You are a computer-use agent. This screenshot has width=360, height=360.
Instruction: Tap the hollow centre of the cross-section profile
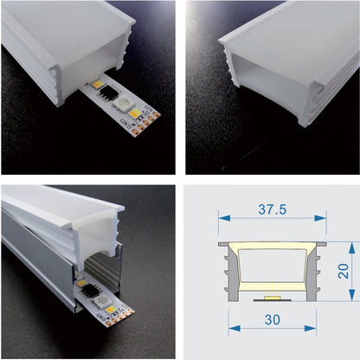pos(273,266)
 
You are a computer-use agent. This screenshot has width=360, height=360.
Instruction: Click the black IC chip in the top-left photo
pos(114,97)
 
